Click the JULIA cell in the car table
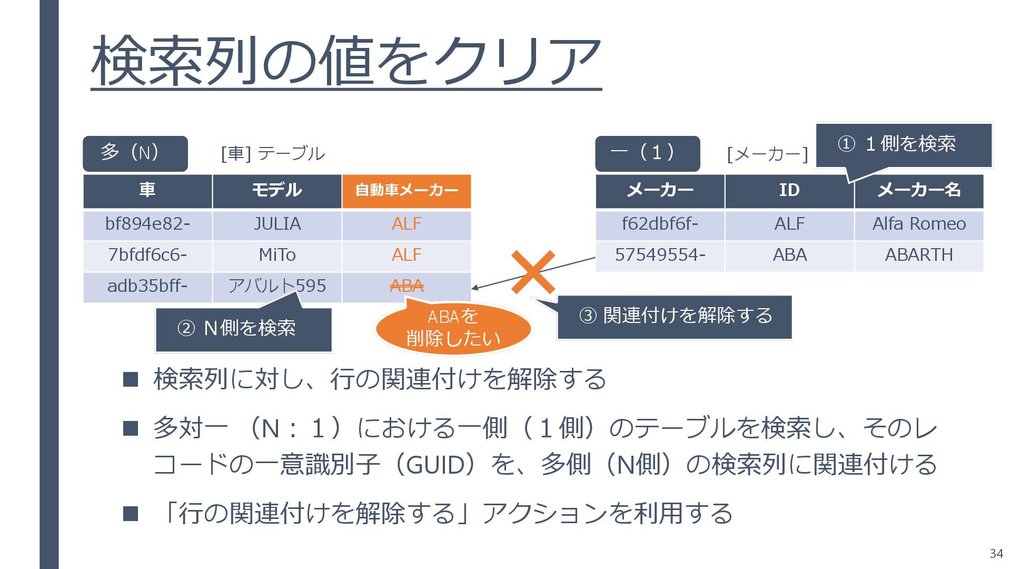[277, 224]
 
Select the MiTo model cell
[277, 256]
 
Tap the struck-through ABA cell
[407, 287]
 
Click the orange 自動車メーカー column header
[407, 190]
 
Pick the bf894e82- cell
[147, 224]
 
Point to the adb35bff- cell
[147, 287]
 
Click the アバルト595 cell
[277, 287]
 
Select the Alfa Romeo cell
[919, 224]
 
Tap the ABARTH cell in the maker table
[919, 256]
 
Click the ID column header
[789, 190]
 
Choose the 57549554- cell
[660, 256]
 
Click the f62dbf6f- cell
[660, 224]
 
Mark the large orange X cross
[533, 272]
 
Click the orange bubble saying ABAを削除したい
[453, 328]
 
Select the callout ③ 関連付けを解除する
[675, 316]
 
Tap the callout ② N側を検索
[243, 329]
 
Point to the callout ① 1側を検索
[904, 144]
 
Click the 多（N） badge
[135, 153]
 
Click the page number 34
[996, 553]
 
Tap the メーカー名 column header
[919, 190]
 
